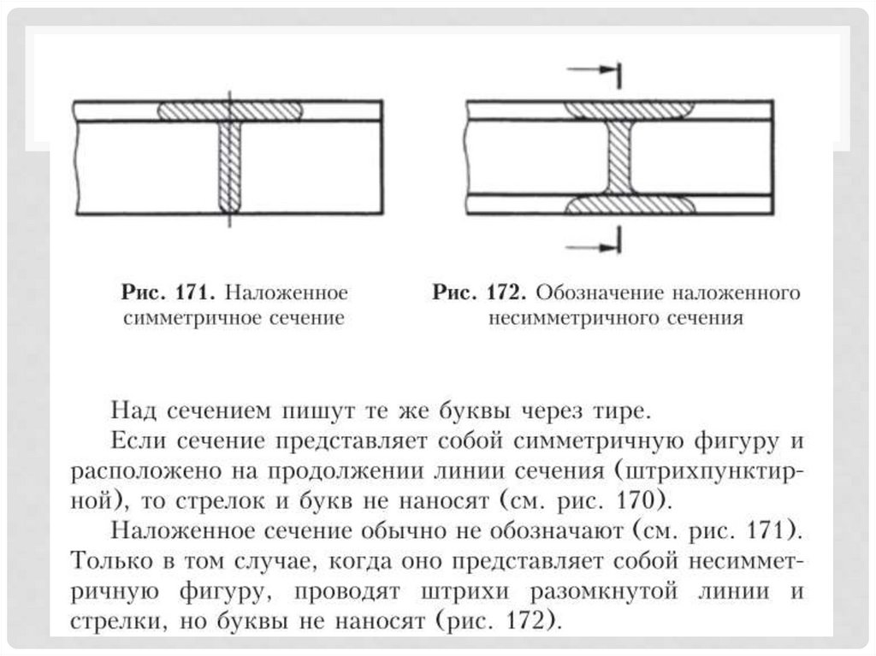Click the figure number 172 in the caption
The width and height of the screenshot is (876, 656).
(x=504, y=293)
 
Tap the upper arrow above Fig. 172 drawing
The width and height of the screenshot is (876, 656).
(x=597, y=71)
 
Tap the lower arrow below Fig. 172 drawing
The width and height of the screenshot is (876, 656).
(x=597, y=246)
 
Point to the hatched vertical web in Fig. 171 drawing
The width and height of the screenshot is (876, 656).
(x=229, y=166)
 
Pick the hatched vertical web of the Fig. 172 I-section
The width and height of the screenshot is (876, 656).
(x=619, y=157)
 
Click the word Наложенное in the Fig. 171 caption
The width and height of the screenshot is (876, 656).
(x=285, y=293)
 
